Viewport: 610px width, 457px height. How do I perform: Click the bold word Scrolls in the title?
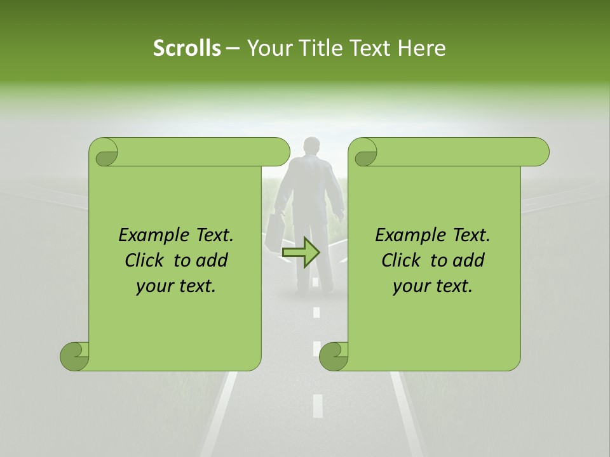pyautogui.click(x=187, y=48)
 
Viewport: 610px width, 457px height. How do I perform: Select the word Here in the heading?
pyautogui.click(x=421, y=48)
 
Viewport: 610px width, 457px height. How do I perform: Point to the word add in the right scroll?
pyautogui.click(x=470, y=260)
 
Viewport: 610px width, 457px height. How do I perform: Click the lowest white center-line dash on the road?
pyautogui.click(x=318, y=405)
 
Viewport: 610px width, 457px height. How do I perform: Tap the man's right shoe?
pyautogui.click(x=327, y=289)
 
